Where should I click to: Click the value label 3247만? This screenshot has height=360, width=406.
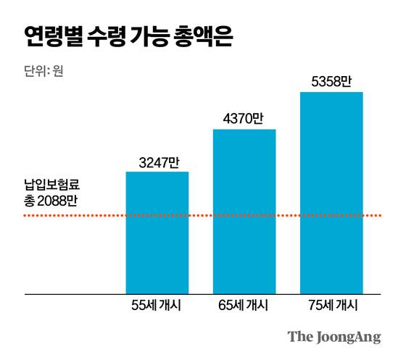coord(157,162)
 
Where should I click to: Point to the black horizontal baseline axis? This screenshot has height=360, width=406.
coord(72,294)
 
